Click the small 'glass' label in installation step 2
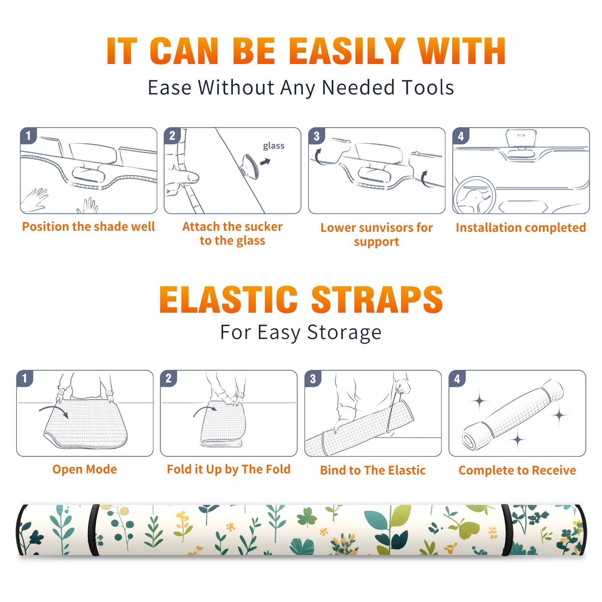pyautogui.click(x=274, y=146)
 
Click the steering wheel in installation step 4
pyautogui.click(x=474, y=195)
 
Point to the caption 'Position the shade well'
pyautogui.click(x=88, y=227)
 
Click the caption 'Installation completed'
pyautogui.click(x=521, y=227)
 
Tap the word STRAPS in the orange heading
pyautogui.click(x=377, y=299)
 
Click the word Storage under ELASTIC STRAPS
pyautogui.click(x=344, y=333)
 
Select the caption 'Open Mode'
pyautogui.click(x=85, y=469)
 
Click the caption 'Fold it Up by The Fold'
pyautogui.click(x=229, y=469)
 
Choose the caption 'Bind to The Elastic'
pyautogui.click(x=373, y=470)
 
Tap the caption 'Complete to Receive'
pyautogui.click(x=517, y=470)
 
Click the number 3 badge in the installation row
pyautogui.click(x=316, y=136)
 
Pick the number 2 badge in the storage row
pyautogui.click(x=169, y=379)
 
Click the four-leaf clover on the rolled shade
pyautogui.click(x=307, y=518)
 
